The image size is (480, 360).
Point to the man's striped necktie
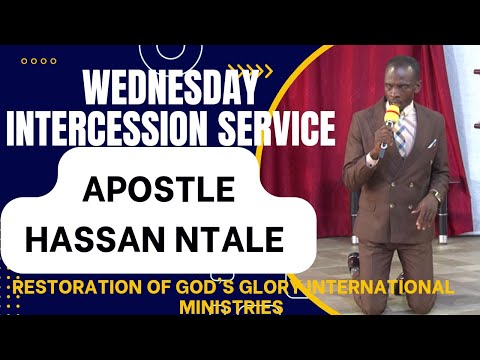(400, 140)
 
